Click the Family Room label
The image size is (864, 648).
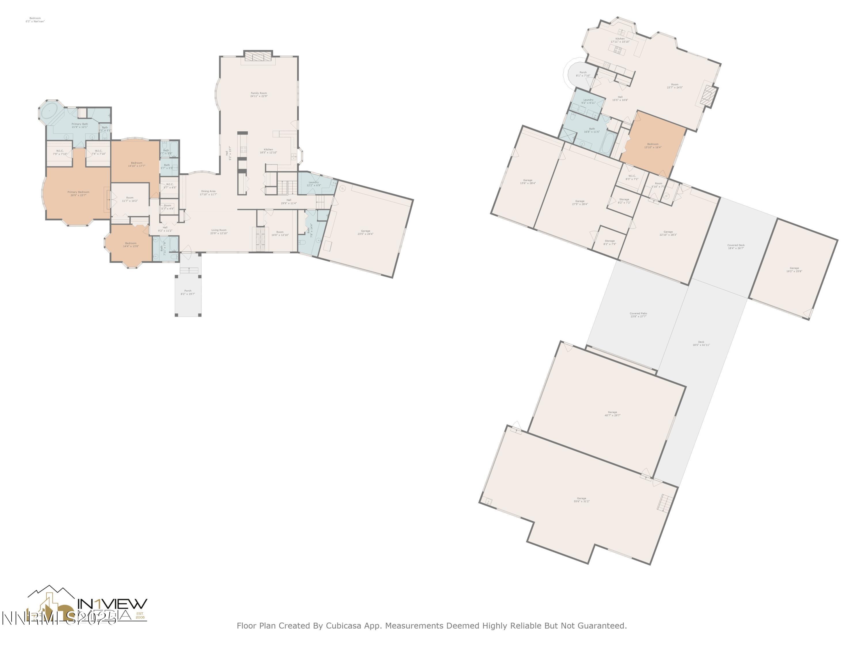pos(259,94)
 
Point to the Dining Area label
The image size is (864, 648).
pos(208,193)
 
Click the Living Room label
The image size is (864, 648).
pos(219,231)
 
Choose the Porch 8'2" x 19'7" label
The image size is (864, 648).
pos(187,292)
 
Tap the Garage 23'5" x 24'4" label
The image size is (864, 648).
pos(365,232)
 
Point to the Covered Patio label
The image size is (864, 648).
pos(638,314)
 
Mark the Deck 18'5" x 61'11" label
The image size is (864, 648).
pos(701,343)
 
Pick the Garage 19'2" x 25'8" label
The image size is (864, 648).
pos(794,270)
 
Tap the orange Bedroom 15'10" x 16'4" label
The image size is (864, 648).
pos(652,145)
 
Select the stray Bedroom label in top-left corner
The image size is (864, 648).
pos(35,20)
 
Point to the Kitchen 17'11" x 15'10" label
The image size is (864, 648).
pos(620,40)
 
